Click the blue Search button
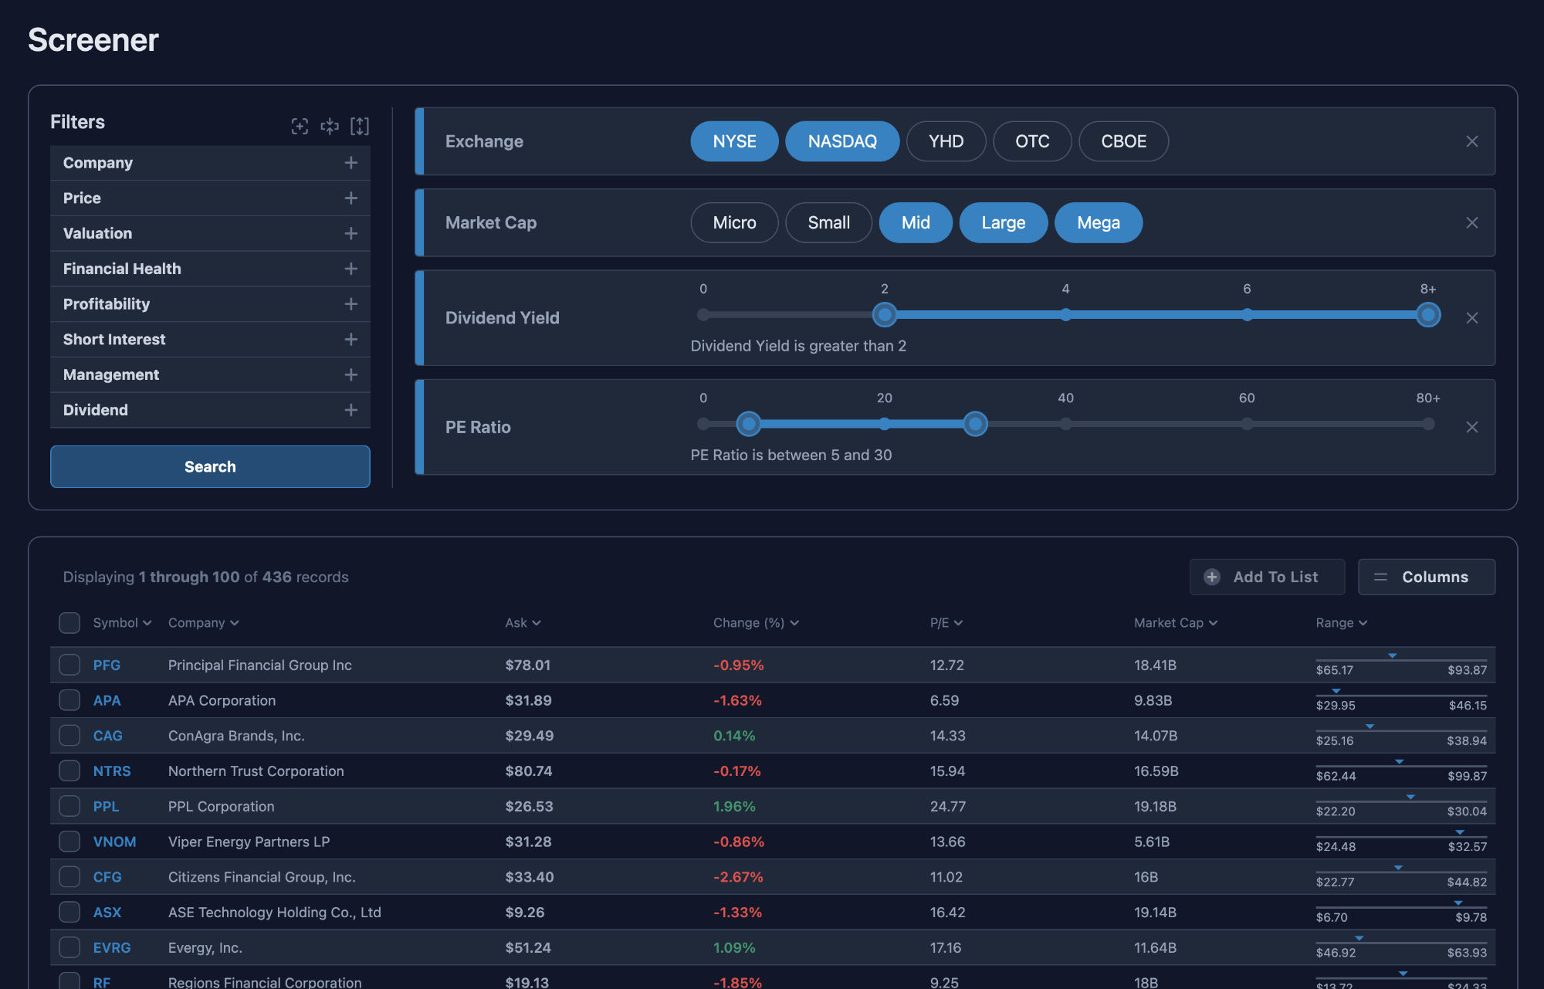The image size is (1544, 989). [210, 466]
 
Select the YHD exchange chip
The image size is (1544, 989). [946, 141]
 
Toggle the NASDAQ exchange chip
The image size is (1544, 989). [841, 141]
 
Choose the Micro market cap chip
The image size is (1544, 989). [734, 222]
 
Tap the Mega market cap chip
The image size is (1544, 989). [1098, 222]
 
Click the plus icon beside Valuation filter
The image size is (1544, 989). [350, 233]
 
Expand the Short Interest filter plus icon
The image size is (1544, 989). [350, 339]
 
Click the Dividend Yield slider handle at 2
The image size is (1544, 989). [885, 314]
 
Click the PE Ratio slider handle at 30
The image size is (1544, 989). [975, 424]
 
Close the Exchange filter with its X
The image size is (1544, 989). [1471, 141]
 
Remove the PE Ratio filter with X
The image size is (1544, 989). [1471, 427]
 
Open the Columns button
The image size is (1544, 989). [1426, 577]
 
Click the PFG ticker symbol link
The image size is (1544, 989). [107, 665]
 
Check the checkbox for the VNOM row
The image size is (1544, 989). [69, 842]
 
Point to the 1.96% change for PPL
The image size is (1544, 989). [733, 806]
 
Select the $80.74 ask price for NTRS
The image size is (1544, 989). [529, 771]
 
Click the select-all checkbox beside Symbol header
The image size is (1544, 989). [69, 622]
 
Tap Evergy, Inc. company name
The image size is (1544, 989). [205, 947]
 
